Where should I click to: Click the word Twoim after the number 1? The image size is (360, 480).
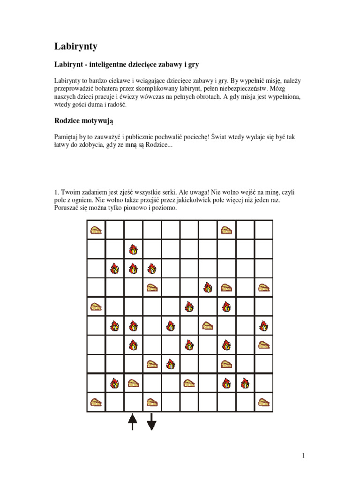coord(70,192)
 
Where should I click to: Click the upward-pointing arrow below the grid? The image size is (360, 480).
coord(133,421)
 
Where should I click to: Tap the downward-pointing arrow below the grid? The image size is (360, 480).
coord(151,421)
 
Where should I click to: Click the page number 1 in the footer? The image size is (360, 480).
coord(304,456)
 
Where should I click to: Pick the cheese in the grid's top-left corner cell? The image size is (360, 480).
coord(96,230)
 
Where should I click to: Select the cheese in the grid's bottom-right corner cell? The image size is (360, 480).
coord(264,402)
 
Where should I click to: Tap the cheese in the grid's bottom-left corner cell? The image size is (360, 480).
coord(96,402)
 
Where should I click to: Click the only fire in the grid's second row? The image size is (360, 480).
coord(133,249)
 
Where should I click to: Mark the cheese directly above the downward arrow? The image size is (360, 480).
coord(151,402)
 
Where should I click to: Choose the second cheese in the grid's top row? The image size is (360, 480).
coord(226,230)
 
